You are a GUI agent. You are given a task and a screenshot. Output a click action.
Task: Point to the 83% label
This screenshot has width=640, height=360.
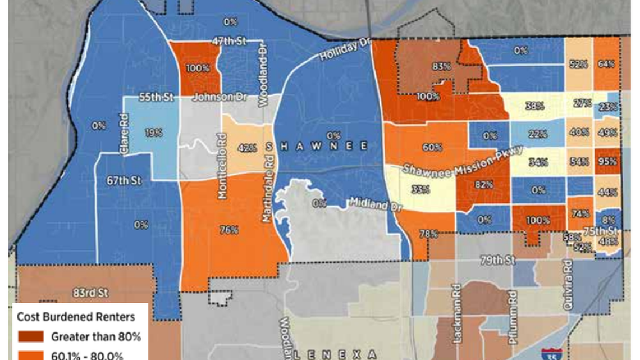(441, 66)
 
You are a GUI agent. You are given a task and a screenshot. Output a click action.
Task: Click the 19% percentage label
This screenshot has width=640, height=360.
(153, 133)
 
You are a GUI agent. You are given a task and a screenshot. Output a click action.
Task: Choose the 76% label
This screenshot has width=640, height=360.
(229, 230)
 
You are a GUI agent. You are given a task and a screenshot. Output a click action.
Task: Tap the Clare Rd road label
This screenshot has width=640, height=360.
(125, 135)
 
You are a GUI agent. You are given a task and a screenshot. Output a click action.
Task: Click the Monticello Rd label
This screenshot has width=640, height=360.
(222, 166)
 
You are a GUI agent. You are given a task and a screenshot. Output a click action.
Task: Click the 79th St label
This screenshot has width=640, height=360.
(498, 261)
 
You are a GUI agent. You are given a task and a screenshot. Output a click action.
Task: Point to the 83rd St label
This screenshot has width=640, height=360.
(90, 293)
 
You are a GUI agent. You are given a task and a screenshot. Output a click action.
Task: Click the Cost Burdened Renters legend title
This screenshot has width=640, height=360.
(76, 317)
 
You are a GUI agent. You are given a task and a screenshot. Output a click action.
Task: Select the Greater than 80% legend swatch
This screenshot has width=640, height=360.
(31, 337)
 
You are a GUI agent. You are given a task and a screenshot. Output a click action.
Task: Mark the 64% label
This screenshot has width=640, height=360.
(606, 64)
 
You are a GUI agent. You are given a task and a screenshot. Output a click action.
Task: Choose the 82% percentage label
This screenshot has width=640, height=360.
(483, 184)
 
